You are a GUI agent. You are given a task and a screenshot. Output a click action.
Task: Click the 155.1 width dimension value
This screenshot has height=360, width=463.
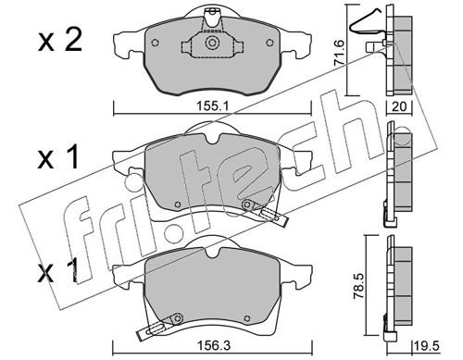[x=212, y=106]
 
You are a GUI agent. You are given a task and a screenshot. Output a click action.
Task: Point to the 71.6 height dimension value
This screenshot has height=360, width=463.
[x=340, y=52]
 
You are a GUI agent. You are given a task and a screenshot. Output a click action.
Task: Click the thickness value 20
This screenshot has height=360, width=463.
[x=399, y=106]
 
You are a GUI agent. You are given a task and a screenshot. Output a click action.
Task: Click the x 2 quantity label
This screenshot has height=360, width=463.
[x=60, y=41]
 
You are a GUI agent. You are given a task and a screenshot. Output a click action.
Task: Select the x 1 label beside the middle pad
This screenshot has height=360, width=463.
[x=57, y=158]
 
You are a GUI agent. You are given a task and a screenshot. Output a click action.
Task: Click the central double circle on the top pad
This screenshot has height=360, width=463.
[x=212, y=43]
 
